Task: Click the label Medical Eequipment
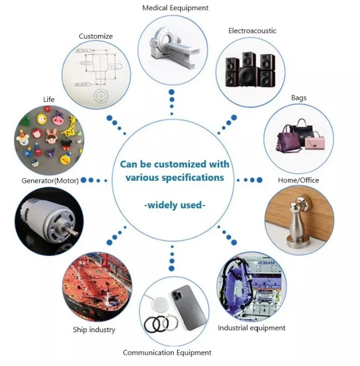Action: click(175, 8)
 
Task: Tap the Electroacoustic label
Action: click(252, 31)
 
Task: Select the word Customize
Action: click(95, 36)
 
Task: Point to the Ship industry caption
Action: click(94, 330)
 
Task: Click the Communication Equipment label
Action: click(167, 352)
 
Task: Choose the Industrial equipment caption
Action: click(252, 328)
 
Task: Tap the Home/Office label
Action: click(298, 180)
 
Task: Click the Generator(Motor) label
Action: click(50, 180)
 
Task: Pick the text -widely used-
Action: click(175, 205)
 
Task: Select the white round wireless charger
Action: click(159, 304)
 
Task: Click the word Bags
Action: click(299, 98)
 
